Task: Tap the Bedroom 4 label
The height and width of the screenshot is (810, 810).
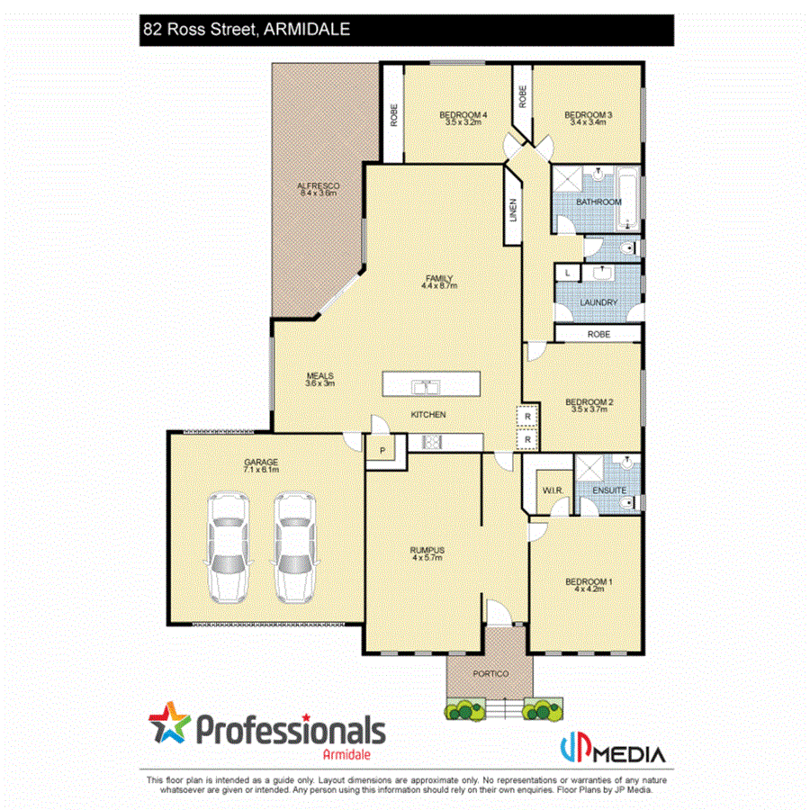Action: point(463,115)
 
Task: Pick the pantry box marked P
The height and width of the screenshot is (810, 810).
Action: point(382,450)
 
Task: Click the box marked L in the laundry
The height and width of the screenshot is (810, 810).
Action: point(568,272)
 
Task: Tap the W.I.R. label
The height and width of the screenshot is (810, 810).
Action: point(552,490)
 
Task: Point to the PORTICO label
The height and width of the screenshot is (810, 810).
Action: point(490,674)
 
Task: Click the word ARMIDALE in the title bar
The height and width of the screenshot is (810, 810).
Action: point(306,29)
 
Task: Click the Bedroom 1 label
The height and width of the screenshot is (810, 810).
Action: point(588,581)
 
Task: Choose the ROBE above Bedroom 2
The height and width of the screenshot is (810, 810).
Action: point(598,334)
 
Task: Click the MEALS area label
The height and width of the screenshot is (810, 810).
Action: point(319,375)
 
